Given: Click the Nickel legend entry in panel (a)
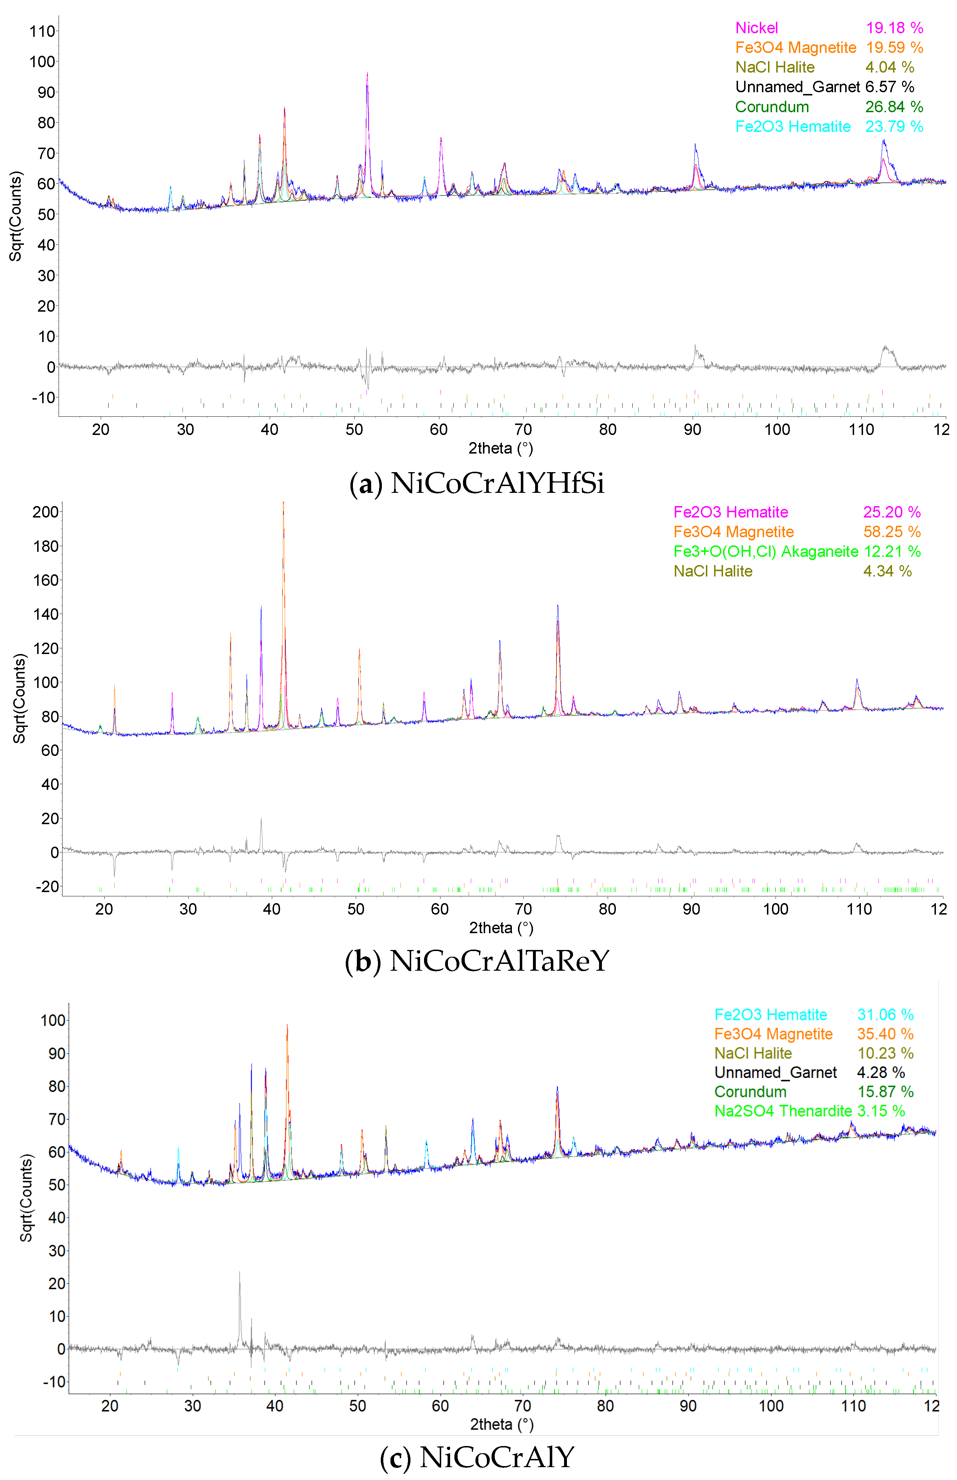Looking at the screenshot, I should click(x=756, y=28).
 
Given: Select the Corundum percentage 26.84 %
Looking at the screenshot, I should click(x=894, y=107).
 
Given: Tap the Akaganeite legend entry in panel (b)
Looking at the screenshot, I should click(x=766, y=551).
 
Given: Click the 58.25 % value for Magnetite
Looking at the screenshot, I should click(x=891, y=532).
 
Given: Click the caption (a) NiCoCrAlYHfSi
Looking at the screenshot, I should click(x=477, y=484).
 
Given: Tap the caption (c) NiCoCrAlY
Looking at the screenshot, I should click(x=477, y=1457).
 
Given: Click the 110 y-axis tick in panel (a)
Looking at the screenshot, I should click(x=42, y=31).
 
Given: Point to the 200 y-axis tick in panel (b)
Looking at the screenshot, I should click(x=45, y=512).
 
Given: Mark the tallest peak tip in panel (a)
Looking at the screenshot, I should click(x=367, y=73).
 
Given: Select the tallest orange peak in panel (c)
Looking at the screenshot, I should click(x=287, y=1025).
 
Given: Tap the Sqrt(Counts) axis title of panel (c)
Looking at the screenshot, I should click(x=26, y=1198).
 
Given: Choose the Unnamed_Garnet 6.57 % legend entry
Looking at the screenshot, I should click(x=824, y=87).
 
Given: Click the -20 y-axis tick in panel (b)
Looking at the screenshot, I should click(x=46, y=886).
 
